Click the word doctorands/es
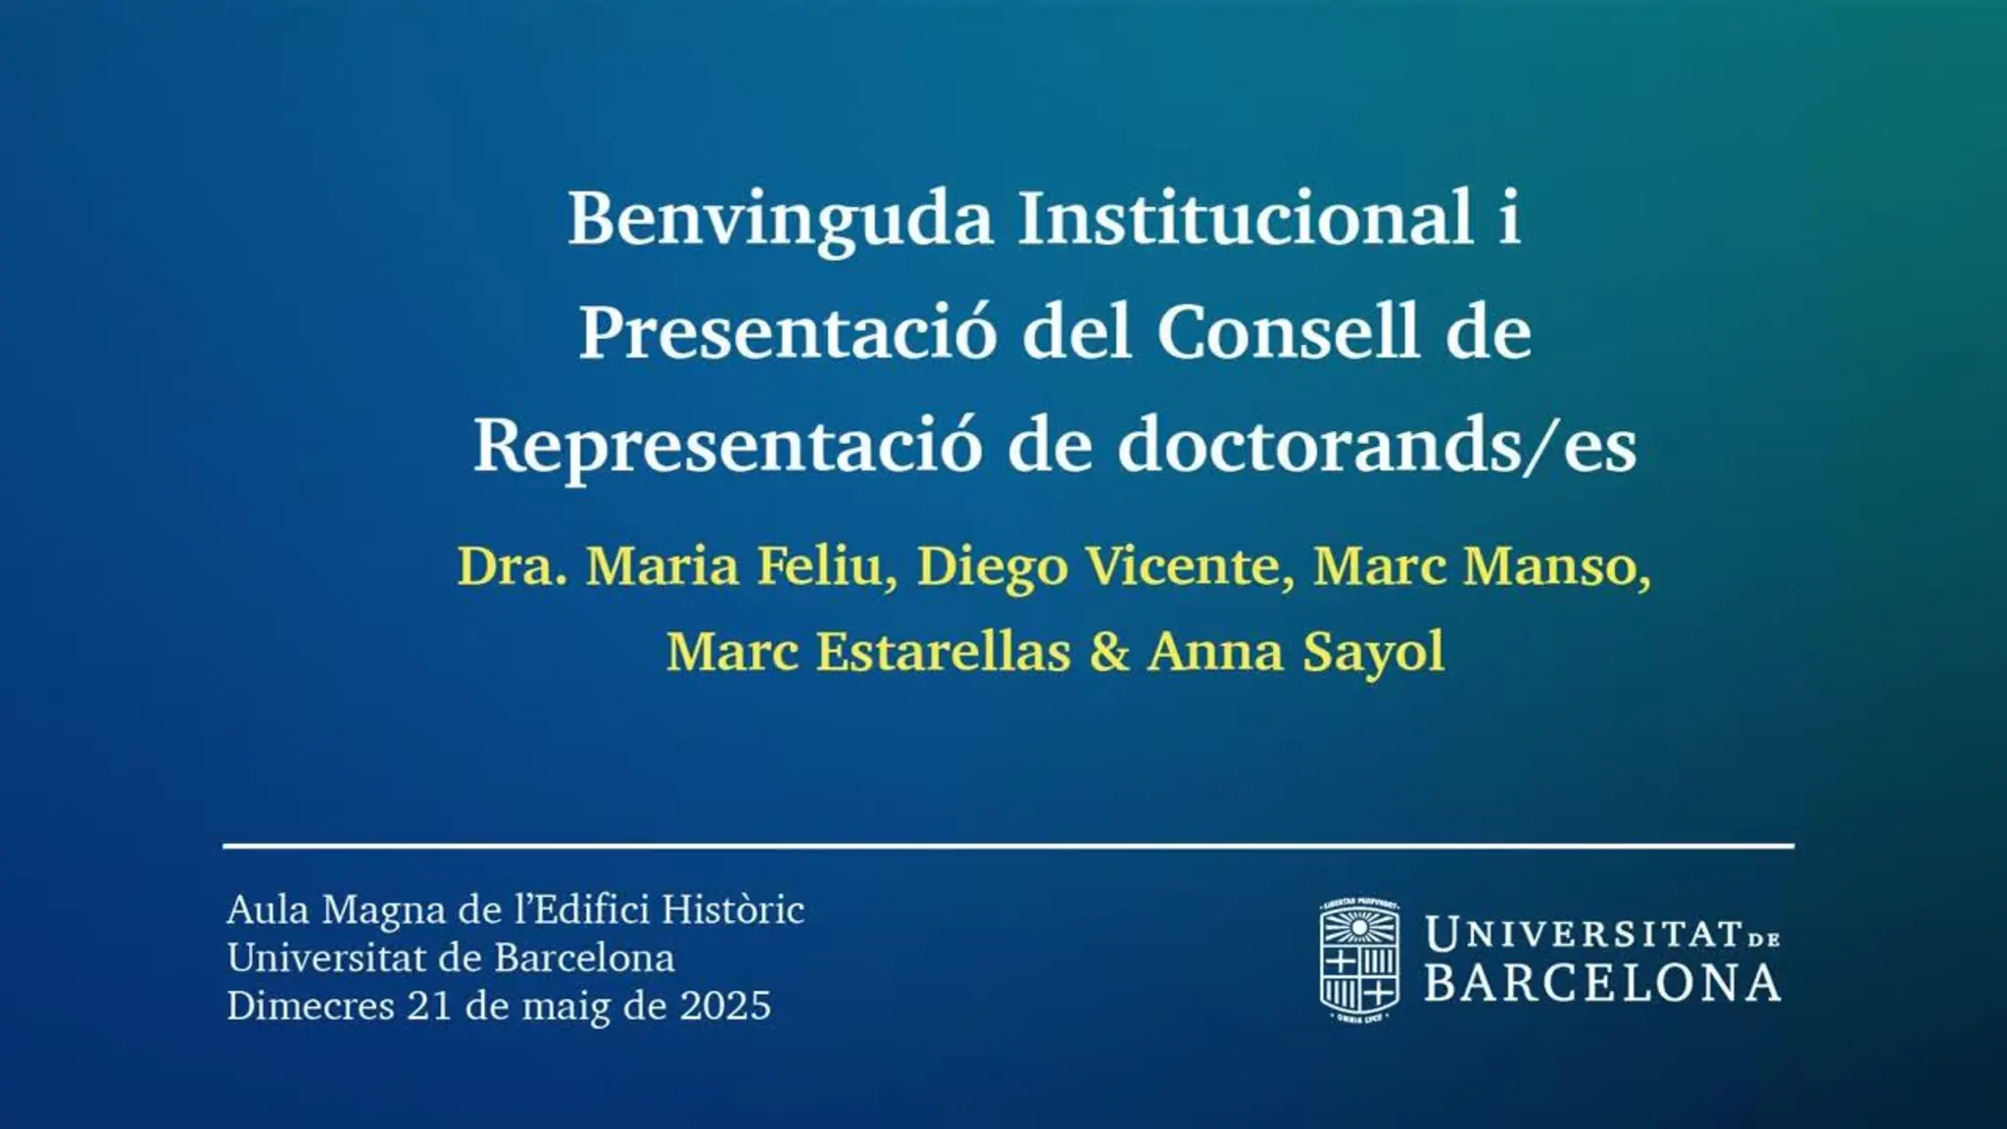point(1377,444)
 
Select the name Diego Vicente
point(1099,566)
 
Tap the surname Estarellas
point(944,651)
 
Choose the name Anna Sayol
point(1296,652)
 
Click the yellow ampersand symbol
point(1108,651)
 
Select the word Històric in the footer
point(733,908)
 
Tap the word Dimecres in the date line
point(311,1006)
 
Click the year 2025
point(725,1006)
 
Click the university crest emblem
point(1358,960)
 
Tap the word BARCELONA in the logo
point(1602,983)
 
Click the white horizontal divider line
point(1008,845)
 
